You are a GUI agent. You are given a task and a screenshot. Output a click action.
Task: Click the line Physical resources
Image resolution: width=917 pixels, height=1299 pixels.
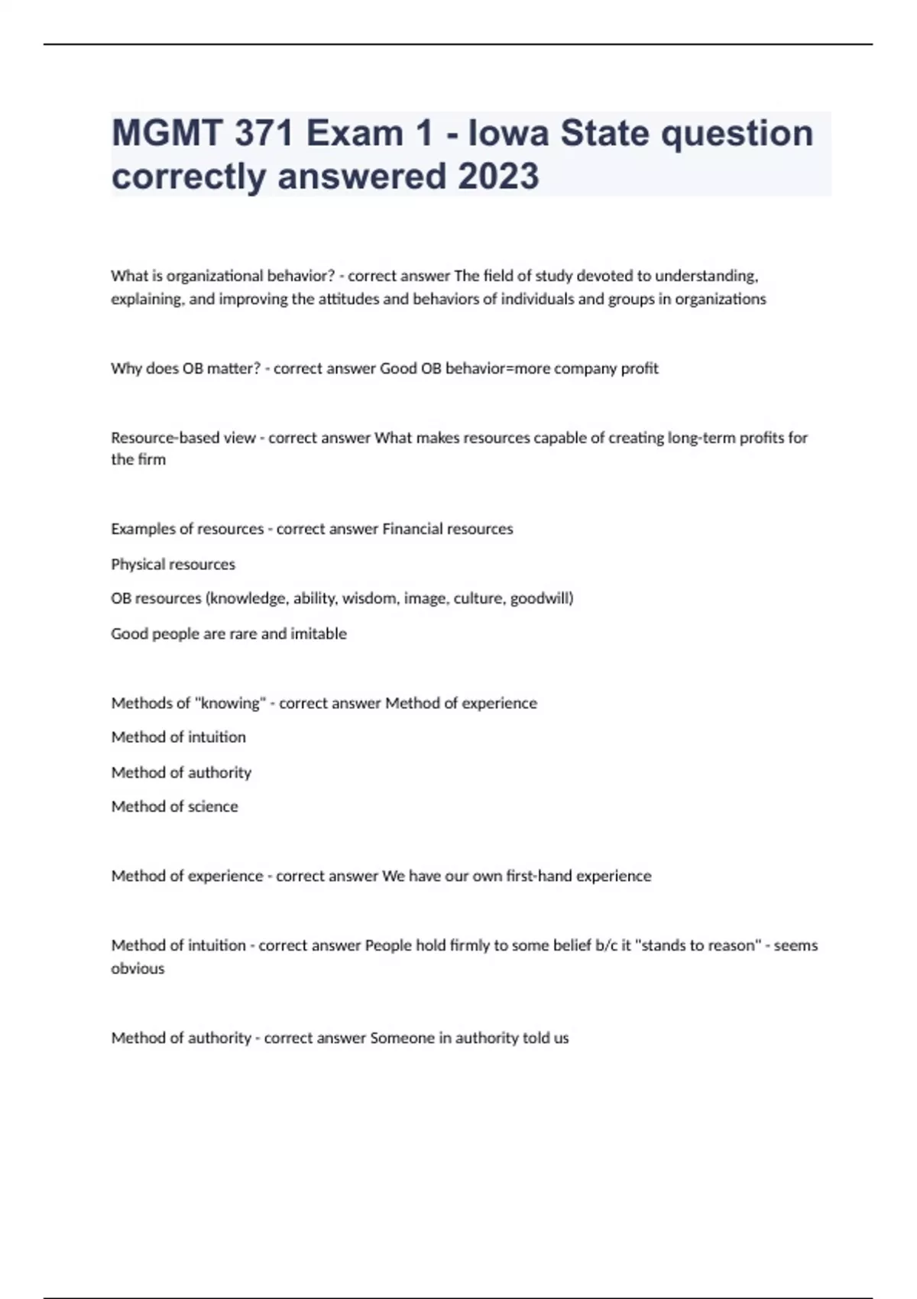[x=173, y=564]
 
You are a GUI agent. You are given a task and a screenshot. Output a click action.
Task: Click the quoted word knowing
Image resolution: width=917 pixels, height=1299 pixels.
[x=230, y=703]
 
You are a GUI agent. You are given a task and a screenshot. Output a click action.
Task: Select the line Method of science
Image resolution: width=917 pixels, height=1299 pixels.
[x=174, y=806]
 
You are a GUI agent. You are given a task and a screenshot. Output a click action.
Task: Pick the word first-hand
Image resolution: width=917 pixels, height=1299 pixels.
[x=538, y=876]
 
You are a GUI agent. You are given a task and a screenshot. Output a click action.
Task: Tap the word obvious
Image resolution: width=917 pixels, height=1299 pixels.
[x=138, y=968]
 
